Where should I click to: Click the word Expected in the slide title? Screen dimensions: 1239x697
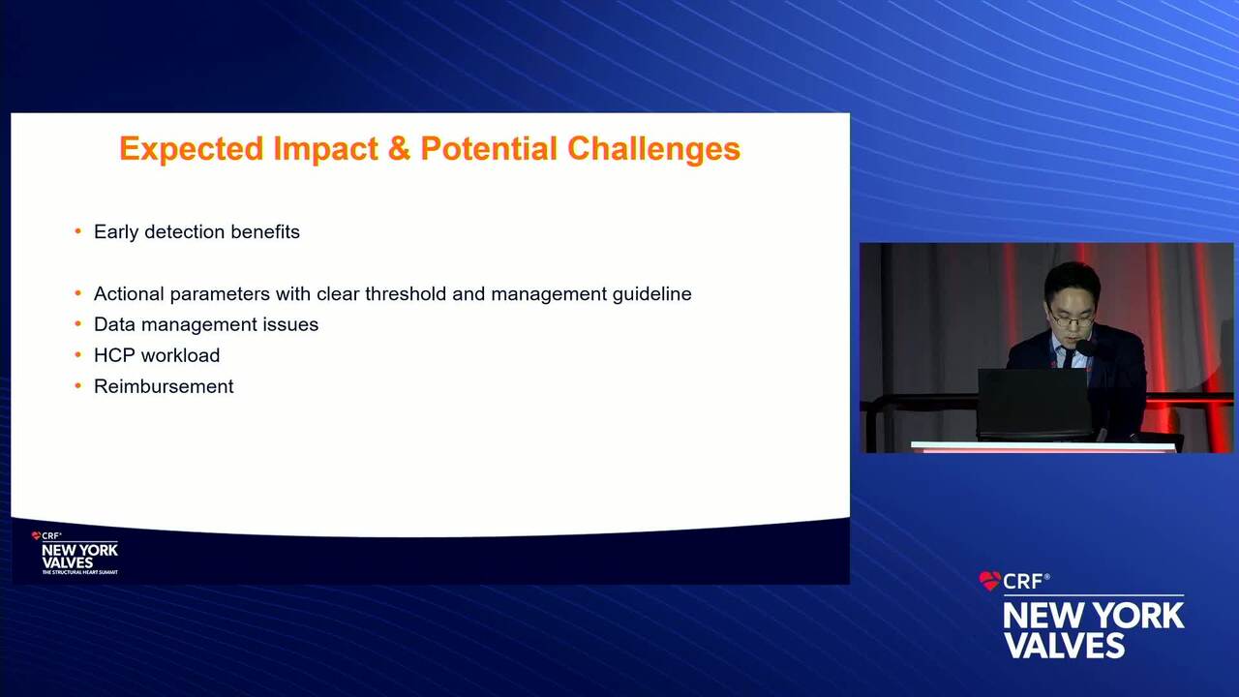coord(192,149)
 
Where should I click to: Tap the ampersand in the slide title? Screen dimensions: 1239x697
coord(399,148)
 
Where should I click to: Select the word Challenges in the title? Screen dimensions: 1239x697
coord(653,148)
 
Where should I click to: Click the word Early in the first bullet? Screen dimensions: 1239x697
coord(117,231)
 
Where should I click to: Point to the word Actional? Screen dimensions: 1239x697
coord(129,293)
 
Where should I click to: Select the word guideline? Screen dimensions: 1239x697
coord(651,293)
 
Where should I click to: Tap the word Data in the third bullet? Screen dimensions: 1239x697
coord(115,324)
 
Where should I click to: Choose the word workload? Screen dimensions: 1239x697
coord(180,355)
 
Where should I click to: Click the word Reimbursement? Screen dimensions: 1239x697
coord(164,386)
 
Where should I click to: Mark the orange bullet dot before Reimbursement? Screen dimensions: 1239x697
coord(78,385)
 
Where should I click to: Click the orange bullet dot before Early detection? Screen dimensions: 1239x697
coord(78,230)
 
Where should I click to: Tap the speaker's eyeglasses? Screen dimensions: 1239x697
coord(1072,319)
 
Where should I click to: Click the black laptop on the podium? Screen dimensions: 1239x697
coord(1033,404)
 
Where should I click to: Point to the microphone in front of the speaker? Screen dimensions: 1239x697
coord(1085,348)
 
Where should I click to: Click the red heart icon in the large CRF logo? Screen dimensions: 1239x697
coord(989,580)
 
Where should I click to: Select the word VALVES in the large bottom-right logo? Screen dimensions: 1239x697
coord(1065,645)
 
